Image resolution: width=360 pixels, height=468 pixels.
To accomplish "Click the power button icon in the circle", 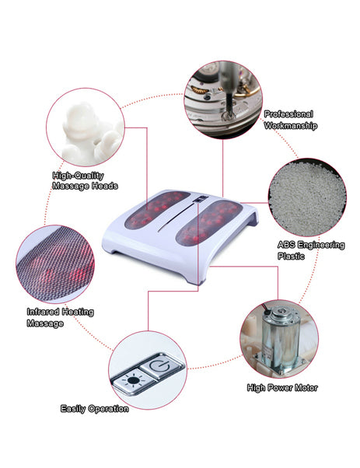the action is (162, 366).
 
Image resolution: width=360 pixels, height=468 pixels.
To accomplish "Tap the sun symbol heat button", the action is (133, 381).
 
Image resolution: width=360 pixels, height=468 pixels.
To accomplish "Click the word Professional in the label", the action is (288, 114).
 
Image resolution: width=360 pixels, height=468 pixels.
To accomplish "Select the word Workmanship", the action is (291, 126).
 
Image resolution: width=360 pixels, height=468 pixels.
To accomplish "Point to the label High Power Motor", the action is (282, 388).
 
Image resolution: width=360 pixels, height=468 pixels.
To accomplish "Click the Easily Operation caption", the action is (95, 409).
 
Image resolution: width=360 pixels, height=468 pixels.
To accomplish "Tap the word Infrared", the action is (43, 312).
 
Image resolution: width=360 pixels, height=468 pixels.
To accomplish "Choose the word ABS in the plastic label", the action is (286, 245).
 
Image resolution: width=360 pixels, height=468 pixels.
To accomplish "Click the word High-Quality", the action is (79, 176).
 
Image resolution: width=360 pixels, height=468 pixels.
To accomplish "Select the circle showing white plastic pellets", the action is (307, 197).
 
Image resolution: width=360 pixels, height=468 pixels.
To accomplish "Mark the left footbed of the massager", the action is (157, 210).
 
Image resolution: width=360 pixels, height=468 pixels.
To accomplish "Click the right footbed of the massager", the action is (208, 222).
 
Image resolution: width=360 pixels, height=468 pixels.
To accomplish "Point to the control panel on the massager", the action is (200, 199).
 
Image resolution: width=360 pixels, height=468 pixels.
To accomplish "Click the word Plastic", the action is (291, 257).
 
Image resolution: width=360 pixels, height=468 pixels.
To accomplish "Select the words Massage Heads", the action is (85, 187).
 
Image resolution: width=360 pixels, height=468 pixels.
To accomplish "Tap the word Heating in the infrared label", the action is (78, 313).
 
